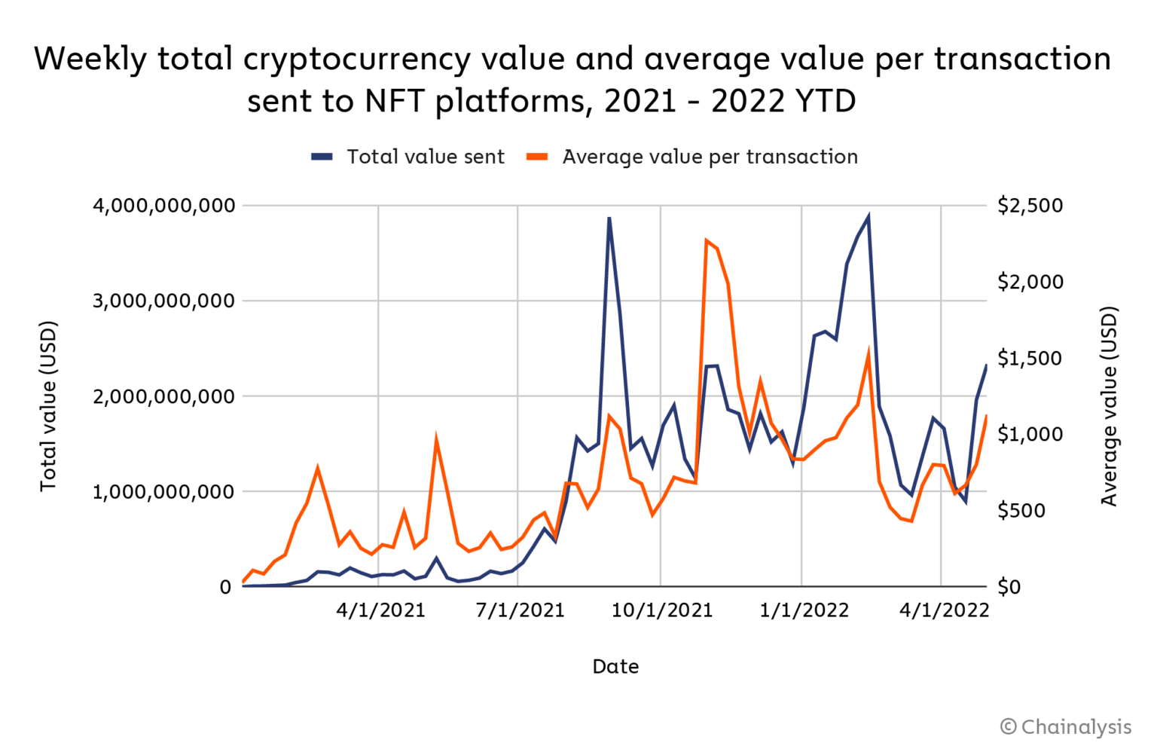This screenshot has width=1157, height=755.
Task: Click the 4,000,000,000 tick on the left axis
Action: [x=163, y=206]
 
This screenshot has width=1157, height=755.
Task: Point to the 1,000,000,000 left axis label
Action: [x=163, y=492]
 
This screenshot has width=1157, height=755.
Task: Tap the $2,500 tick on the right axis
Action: [x=1030, y=206]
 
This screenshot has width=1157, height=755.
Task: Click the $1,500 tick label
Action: [x=1030, y=358]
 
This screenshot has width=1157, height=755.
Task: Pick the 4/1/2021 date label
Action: [x=380, y=610]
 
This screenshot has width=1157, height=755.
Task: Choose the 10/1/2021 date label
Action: [x=661, y=610]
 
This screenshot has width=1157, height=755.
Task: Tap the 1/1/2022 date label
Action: [x=804, y=610]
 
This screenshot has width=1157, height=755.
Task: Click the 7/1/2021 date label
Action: [x=520, y=610]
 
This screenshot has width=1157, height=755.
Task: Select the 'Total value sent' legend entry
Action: [x=425, y=157]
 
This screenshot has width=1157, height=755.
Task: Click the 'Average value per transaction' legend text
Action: [x=710, y=157]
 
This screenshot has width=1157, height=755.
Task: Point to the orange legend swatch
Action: [x=537, y=157]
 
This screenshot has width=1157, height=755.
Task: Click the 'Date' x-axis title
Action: [x=615, y=667]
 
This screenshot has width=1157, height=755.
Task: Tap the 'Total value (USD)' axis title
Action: [x=48, y=406]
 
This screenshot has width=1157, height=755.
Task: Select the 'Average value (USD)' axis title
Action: [x=1109, y=406]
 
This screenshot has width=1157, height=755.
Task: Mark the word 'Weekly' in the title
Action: [x=90, y=59]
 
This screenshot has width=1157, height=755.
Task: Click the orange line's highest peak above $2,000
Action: [x=707, y=240]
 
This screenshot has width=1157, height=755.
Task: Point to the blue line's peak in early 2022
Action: [x=869, y=217]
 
